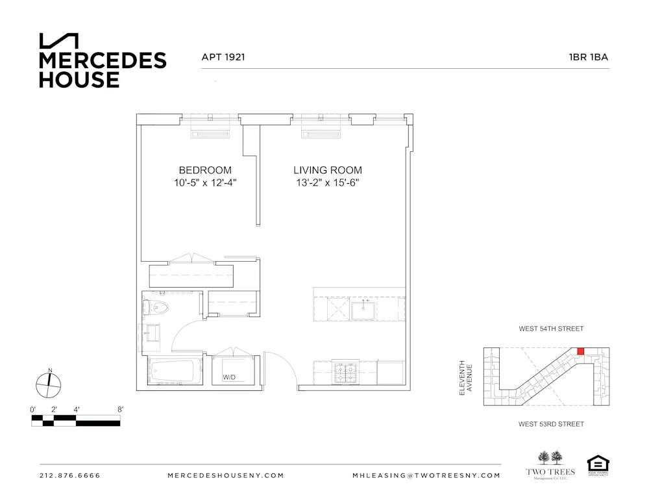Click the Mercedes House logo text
(103, 69)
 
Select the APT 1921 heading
(223, 57)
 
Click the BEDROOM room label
(205, 170)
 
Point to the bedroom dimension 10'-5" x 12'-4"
(205, 183)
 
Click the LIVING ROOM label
(327, 170)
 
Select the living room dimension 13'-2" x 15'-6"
(327, 183)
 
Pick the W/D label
(229, 377)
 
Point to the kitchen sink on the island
(361, 311)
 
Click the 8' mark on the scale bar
(120, 409)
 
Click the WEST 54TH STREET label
(551, 329)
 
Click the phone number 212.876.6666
(70, 475)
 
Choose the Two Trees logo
(550, 464)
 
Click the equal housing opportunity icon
(597, 464)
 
